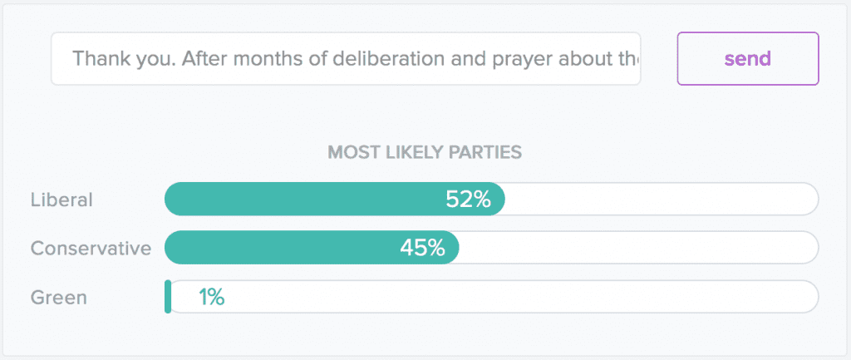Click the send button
click(x=748, y=59)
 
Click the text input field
click(x=345, y=59)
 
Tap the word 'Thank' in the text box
click(x=98, y=59)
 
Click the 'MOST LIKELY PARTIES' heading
click(x=425, y=152)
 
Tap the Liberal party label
click(x=61, y=200)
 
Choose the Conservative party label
click(x=91, y=248)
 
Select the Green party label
click(x=58, y=297)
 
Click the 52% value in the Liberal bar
click(x=468, y=200)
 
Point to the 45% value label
click(x=422, y=248)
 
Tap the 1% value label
click(x=211, y=297)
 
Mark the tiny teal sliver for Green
click(x=168, y=297)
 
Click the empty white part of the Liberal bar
click(x=661, y=200)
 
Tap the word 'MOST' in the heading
click(x=349, y=152)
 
